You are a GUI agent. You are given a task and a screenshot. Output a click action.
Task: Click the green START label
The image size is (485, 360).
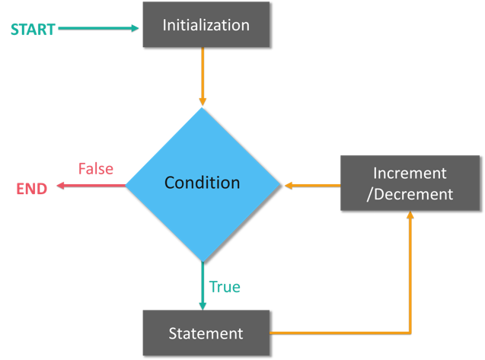(32, 30)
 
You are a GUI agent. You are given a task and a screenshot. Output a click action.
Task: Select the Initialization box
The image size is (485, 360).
(206, 25)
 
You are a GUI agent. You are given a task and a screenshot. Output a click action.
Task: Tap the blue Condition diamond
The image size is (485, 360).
(203, 183)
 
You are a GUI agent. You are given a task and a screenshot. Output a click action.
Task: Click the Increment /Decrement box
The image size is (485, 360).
(410, 183)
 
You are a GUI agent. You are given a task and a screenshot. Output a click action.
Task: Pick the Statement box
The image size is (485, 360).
(206, 333)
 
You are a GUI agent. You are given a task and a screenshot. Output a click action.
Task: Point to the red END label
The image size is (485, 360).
(32, 188)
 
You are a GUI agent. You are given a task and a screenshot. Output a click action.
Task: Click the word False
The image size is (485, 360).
(96, 169)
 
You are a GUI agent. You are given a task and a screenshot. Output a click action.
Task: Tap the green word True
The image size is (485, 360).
(225, 287)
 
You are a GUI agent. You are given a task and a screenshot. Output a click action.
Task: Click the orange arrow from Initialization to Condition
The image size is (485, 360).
(203, 76)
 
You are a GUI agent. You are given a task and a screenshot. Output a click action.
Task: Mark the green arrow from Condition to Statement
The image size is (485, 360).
(203, 285)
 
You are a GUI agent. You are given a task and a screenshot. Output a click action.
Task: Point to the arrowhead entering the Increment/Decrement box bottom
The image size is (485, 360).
(410, 216)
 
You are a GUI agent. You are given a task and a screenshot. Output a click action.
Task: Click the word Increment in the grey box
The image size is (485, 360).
(410, 173)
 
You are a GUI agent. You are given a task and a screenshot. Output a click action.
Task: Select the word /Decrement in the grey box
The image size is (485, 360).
(410, 194)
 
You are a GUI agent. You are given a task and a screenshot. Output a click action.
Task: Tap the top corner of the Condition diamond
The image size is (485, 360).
(203, 108)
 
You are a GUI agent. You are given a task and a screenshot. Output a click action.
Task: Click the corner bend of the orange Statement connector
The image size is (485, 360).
(410, 333)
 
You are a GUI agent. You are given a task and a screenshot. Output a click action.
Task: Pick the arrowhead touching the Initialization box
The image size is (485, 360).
(136, 28)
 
